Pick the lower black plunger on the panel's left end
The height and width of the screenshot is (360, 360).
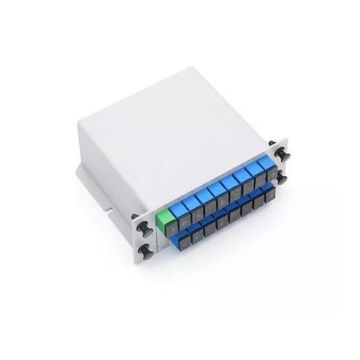pyautogui.click(x=145, y=250)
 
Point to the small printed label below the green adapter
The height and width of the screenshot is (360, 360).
pyautogui.click(x=163, y=245)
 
